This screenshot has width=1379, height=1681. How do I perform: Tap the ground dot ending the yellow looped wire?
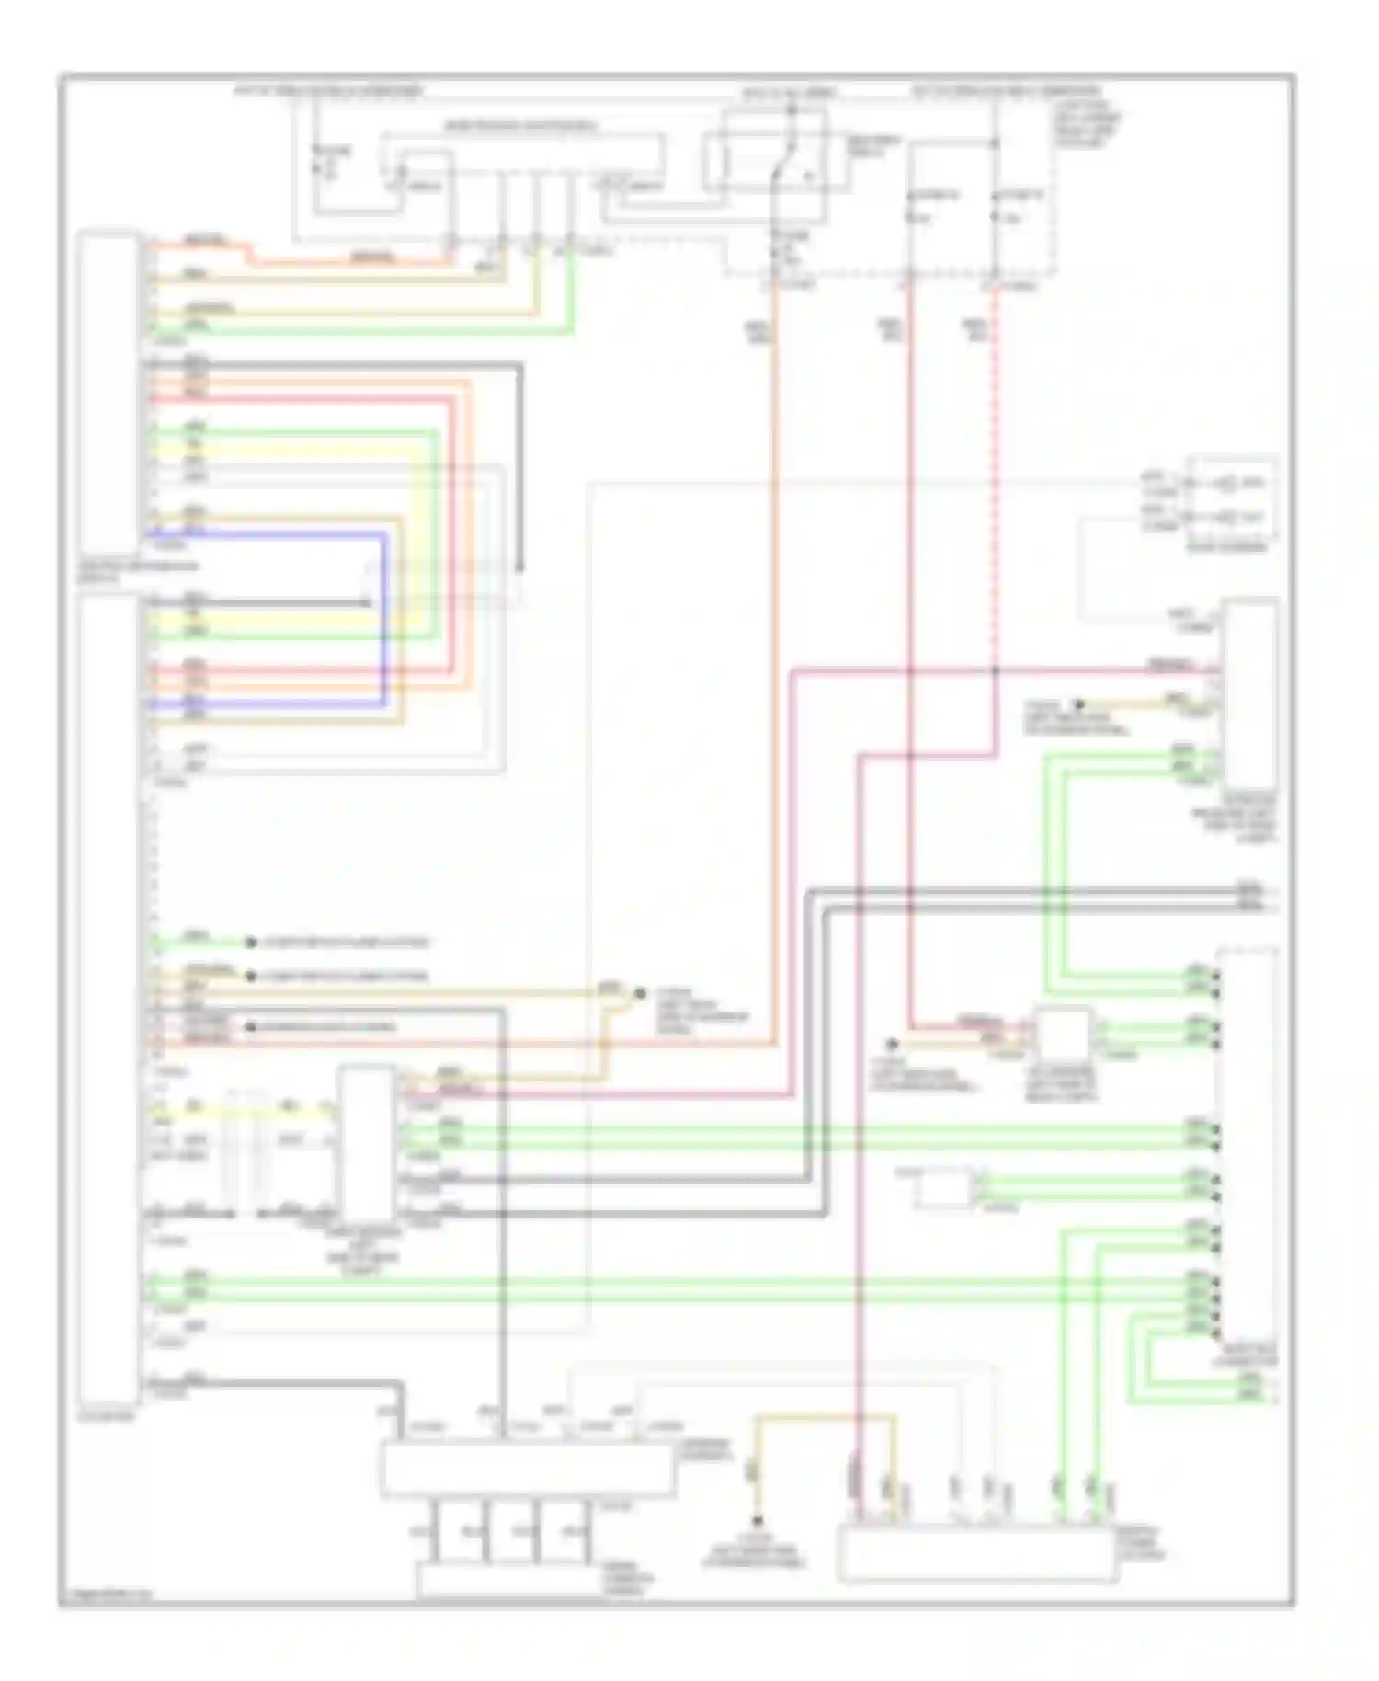click(x=758, y=1521)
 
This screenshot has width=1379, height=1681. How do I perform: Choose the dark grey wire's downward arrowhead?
click(x=519, y=565)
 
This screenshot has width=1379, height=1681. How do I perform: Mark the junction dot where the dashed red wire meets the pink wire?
click(x=995, y=670)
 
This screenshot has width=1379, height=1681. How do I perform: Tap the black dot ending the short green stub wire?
click(x=249, y=943)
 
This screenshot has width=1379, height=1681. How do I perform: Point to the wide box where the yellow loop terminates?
click(x=976, y=1554)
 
